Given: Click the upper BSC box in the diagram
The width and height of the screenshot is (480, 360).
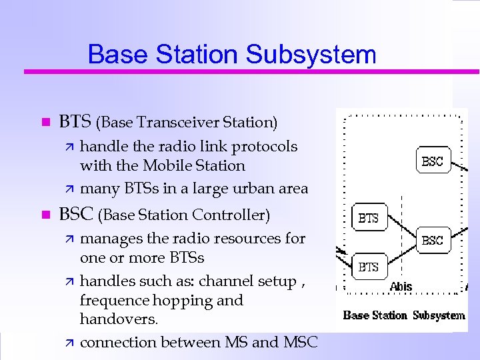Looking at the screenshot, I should coord(432,161).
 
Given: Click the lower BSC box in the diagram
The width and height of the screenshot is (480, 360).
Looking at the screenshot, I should coord(432,240).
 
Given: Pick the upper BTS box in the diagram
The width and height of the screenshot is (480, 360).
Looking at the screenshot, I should coord(368,218).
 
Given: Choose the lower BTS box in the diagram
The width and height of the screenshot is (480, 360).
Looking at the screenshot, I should coord(368,267).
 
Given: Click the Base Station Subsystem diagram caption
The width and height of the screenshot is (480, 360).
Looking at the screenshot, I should coord(404,315).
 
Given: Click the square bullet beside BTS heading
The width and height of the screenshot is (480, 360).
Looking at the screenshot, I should coord(45,123).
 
